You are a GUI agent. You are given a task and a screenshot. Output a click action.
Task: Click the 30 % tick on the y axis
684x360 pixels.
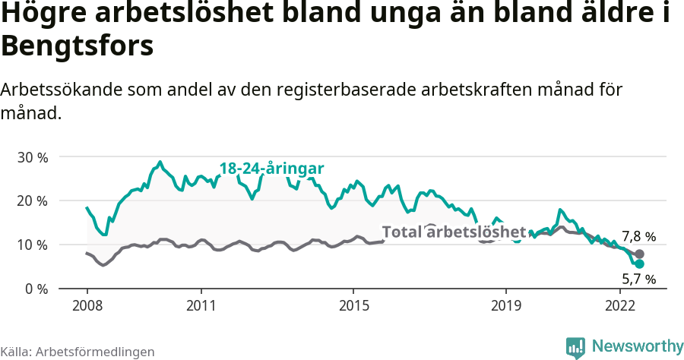(32, 157)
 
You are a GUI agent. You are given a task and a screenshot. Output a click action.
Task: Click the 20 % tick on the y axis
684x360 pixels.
(32, 201)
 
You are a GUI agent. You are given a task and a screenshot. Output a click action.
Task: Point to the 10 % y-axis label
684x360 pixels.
(32, 245)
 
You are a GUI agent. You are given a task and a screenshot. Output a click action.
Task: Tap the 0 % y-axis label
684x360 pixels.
(36, 289)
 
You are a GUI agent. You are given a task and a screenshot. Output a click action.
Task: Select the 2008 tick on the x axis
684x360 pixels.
(87, 305)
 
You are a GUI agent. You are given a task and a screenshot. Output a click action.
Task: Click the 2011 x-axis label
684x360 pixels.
(201, 305)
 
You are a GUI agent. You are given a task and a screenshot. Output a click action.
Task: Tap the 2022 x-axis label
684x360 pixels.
(619, 305)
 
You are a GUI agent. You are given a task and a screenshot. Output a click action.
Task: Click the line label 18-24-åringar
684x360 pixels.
(271, 169)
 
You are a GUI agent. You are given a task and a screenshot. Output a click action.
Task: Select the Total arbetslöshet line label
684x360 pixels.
(454, 232)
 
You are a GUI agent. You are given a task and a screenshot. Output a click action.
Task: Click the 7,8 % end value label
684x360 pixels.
(638, 236)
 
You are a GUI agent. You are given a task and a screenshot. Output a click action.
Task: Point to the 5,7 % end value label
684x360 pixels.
(638, 279)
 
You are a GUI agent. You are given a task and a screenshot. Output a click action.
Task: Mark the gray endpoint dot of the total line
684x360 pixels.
(639, 254)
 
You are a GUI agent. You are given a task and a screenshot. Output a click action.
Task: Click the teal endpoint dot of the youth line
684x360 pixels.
(639, 264)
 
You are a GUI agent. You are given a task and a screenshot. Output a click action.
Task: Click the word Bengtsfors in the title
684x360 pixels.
(78, 46)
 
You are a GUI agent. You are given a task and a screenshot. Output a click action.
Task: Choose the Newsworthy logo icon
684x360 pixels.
(575, 346)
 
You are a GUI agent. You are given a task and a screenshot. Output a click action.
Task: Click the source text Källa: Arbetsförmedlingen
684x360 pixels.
(78, 352)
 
